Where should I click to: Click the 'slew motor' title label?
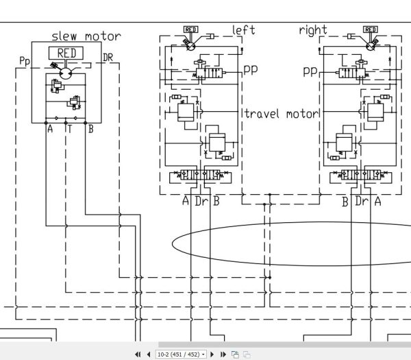tap(86, 36)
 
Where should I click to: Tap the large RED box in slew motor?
tap(66, 53)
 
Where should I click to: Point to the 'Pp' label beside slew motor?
tap(25, 61)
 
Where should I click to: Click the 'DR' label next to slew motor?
tap(108, 58)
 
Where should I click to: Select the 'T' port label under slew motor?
tap(69, 129)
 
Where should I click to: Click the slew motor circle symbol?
tap(66, 73)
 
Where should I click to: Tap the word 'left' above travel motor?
tap(243, 30)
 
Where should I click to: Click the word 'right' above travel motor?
tap(313, 30)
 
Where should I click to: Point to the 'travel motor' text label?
tap(281, 114)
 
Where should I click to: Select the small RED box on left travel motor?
tap(191, 29)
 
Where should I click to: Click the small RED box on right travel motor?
tap(371, 29)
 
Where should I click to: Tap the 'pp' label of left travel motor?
tap(251, 70)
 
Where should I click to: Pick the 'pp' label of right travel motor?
tap(310, 71)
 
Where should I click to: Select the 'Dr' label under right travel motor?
tap(362, 201)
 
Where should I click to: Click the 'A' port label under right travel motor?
tap(377, 201)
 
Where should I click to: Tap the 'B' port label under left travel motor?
tap(216, 201)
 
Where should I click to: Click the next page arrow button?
tap(212, 355)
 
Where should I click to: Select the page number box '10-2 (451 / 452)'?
tap(181, 355)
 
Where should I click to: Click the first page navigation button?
tap(138, 355)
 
